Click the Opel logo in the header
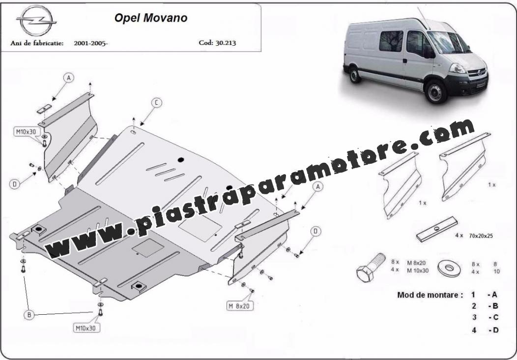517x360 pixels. click(x=36, y=21)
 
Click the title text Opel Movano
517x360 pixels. click(x=151, y=18)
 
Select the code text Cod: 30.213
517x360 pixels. click(x=217, y=43)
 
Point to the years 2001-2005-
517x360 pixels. click(x=91, y=43)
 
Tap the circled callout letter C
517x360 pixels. click(x=156, y=103)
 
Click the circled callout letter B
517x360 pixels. click(x=29, y=315)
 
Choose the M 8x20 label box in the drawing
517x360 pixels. click(x=240, y=306)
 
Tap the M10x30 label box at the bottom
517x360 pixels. click(x=86, y=328)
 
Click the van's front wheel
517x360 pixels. click(x=436, y=91)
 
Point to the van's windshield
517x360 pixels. click(x=448, y=42)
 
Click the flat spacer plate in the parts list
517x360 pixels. click(x=437, y=229)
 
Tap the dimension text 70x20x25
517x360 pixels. click(x=481, y=236)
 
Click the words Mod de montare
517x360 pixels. click(x=430, y=295)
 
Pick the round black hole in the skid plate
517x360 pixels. click(x=181, y=160)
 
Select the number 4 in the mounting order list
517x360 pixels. click(x=474, y=330)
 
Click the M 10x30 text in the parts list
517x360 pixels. click(x=418, y=271)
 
